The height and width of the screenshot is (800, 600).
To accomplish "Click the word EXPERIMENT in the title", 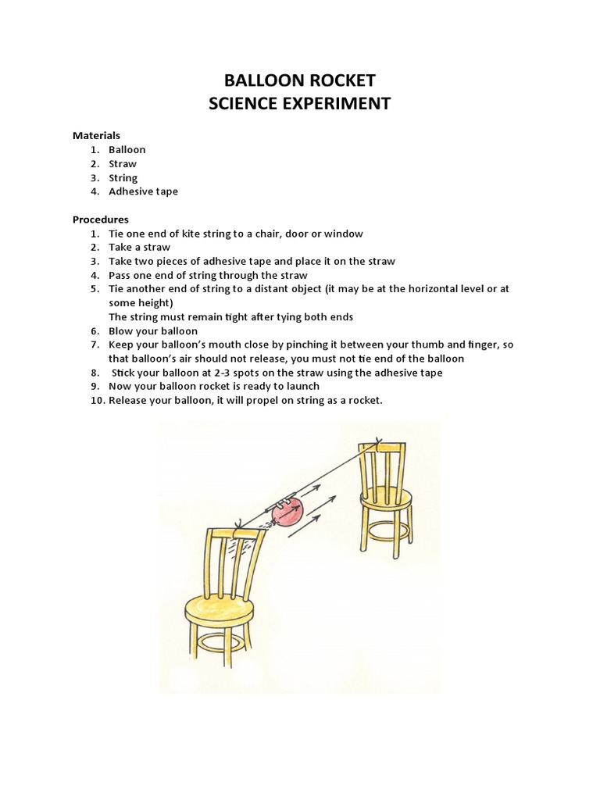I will [x=335, y=103].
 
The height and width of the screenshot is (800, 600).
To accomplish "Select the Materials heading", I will [x=96, y=135].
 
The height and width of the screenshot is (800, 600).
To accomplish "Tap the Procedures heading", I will [x=101, y=220].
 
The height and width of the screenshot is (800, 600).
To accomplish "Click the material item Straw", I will [x=123, y=163].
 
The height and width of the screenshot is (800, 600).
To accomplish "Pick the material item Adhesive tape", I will [x=143, y=191].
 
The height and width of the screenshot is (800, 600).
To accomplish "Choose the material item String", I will [x=123, y=177].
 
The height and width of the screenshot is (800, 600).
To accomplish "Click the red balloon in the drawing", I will [x=286, y=513].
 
